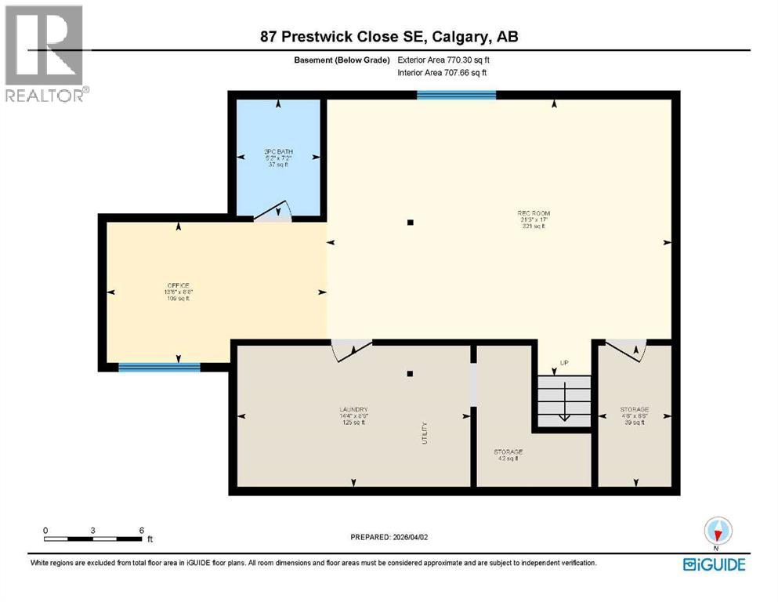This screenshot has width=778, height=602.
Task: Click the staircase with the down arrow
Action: click(563, 400)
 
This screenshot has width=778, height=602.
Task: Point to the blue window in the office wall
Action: click(159, 367)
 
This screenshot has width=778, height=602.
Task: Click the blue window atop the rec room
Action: click(456, 96)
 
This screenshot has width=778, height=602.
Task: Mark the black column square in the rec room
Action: click(410, 223)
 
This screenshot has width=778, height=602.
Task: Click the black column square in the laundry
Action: click(410, 374)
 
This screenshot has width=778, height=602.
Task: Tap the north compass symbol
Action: click(717, 531)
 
